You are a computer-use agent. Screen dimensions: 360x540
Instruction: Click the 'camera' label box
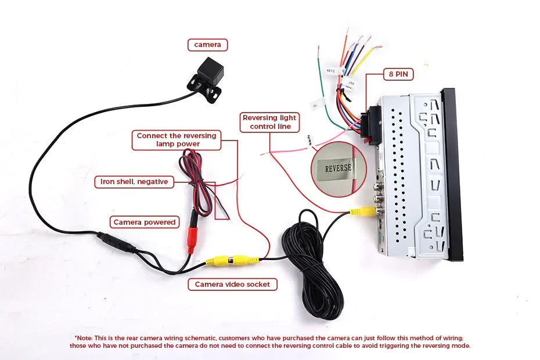coord(207,45)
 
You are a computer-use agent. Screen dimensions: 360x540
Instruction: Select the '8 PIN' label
coord(398,74)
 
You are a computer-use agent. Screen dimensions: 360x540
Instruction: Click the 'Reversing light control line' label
coord(269,122)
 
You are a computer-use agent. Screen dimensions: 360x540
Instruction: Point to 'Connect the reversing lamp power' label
coord(177,140)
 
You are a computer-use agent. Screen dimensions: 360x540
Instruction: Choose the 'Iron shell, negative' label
coord(134,182)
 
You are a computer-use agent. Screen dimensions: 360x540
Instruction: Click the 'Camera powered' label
coord(145,222)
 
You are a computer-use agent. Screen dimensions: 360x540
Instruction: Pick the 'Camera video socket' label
coord(232,285)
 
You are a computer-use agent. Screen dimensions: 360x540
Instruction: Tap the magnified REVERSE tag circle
coord(339,168)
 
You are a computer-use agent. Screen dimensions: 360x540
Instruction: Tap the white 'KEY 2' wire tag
coord(332,70)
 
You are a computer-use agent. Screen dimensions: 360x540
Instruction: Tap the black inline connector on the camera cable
coord(116,242)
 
